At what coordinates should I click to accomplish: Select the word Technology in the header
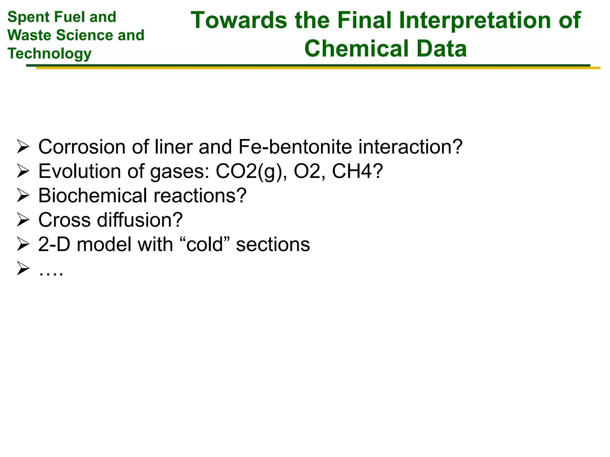point(49,54)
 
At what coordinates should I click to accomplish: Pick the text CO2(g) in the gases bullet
point(248,172)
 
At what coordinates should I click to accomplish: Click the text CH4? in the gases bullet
point(357,172)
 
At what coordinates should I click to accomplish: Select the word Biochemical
point(93,196)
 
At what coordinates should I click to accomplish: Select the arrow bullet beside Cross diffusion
point(23,220)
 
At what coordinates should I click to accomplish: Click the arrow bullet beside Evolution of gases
point(23,172)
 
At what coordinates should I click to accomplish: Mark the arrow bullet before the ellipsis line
point(23,268)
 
